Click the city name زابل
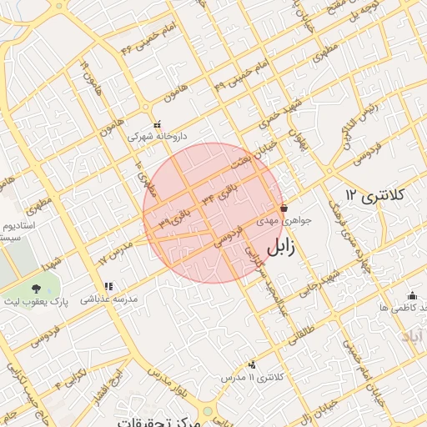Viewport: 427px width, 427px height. (287, 249)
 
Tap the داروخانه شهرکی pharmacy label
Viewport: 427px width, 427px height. (158, 135)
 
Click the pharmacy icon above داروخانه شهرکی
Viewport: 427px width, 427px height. (157, 123)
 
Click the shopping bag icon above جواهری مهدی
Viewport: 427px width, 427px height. (284, 208)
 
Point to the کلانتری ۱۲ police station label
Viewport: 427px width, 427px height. (374, 195)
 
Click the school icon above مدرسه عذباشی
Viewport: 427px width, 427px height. (108, 287)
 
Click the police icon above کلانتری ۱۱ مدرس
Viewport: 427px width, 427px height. (252, 364)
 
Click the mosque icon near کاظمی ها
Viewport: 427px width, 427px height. (412, 295)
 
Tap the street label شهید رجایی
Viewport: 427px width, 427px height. (322, 281)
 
